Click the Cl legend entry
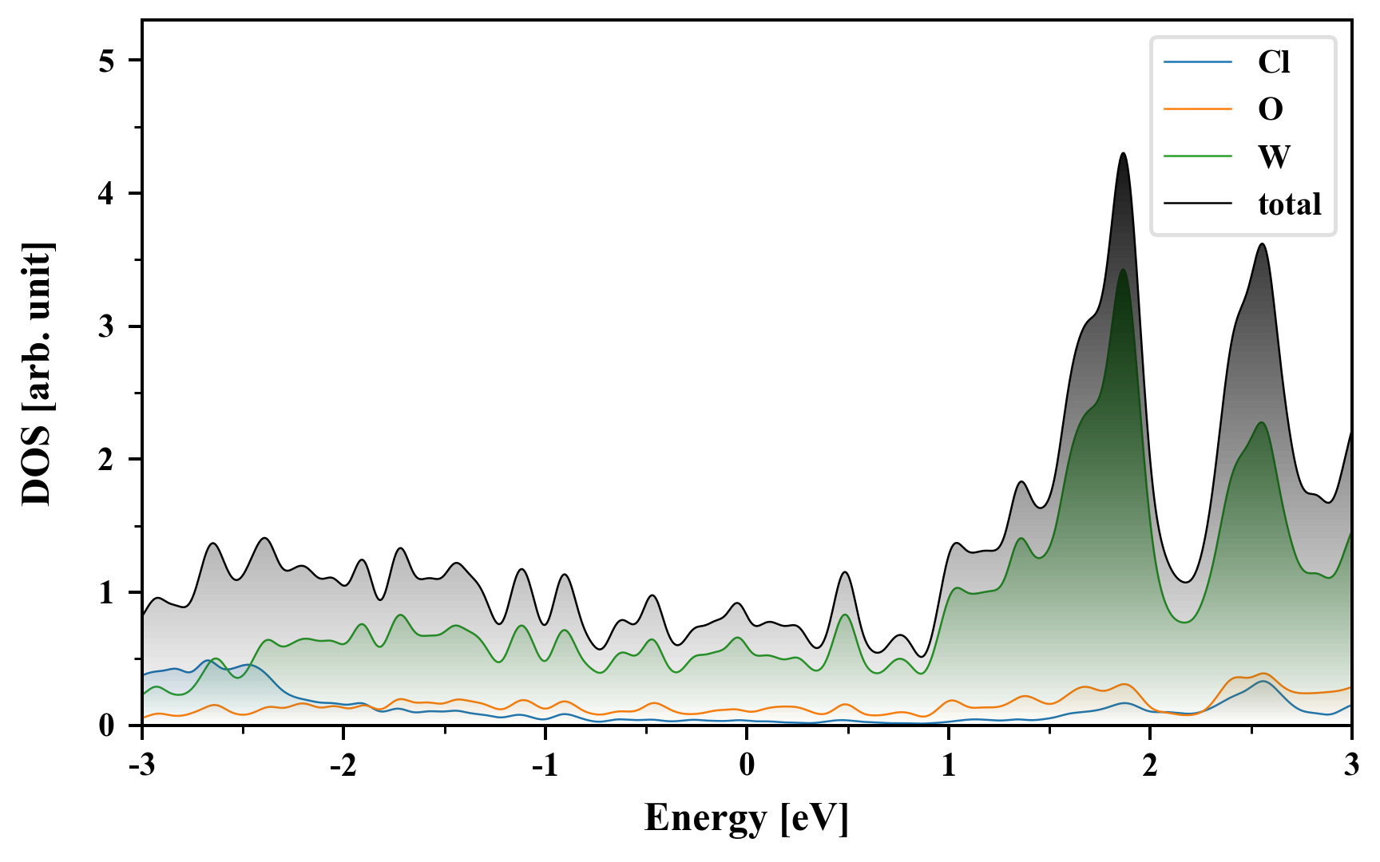pyautogui.click(x=1273, y=62)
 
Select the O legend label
pyautogui.click(x=1270, y=109)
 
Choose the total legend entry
pyautogui.click(x=1289, y=204)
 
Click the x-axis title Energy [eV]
pyautogui.click(x=746, y=818)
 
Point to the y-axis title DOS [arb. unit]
pyautogui.click(x=37, y=373)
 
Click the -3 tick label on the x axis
pyautogui.click(x=142, y=765)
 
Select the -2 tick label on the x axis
pyautogui.click(x=343, y=765)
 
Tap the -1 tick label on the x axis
pyautogui.click(x=545, y=765)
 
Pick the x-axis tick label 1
pyautogui.click(x=948, y=765)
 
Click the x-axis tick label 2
pyautogui.click(x=1150, y=765)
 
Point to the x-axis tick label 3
pyautogui.click(x=1351, y=765)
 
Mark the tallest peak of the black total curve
pyautogui.click(x=1124, y=153)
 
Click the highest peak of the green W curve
pyautogui.click(x=1123, y=270)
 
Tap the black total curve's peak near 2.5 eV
pyautogui.click(x=1262, y=244)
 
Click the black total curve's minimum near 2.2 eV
pyautogui.click(x=1185, y=582)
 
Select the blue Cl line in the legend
pyautogui.click(x=1198, y=62)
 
